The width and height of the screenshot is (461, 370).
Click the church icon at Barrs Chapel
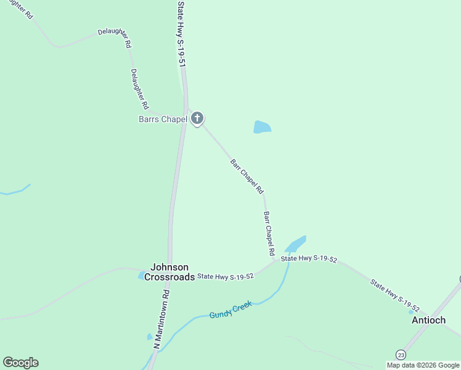197,118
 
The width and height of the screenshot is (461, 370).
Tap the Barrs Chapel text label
162,119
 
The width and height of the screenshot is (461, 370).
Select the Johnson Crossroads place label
169,272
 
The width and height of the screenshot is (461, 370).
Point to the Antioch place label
428,320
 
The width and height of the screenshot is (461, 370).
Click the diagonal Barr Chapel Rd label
247,176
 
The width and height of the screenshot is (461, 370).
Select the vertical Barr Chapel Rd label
269,234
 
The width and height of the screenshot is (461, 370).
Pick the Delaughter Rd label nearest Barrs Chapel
140,89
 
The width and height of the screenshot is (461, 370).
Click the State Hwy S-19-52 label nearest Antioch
395,295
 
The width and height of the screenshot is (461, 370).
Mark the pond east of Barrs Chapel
262,127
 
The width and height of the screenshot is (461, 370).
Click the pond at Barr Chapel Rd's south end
295,243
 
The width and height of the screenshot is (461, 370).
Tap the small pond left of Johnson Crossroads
142,275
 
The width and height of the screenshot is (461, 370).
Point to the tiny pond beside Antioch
411,312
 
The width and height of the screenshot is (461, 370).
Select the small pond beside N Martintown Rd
149,337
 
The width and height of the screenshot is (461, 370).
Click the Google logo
20,363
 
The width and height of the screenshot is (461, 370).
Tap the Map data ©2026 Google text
423,365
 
